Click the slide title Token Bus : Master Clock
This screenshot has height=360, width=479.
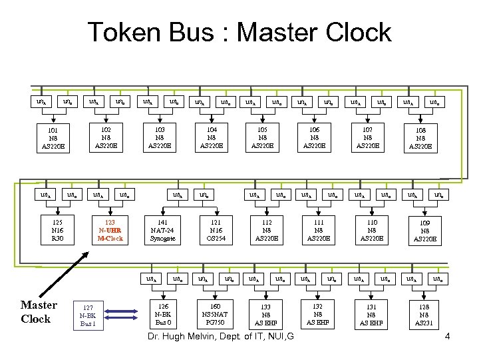click(239, 33)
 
